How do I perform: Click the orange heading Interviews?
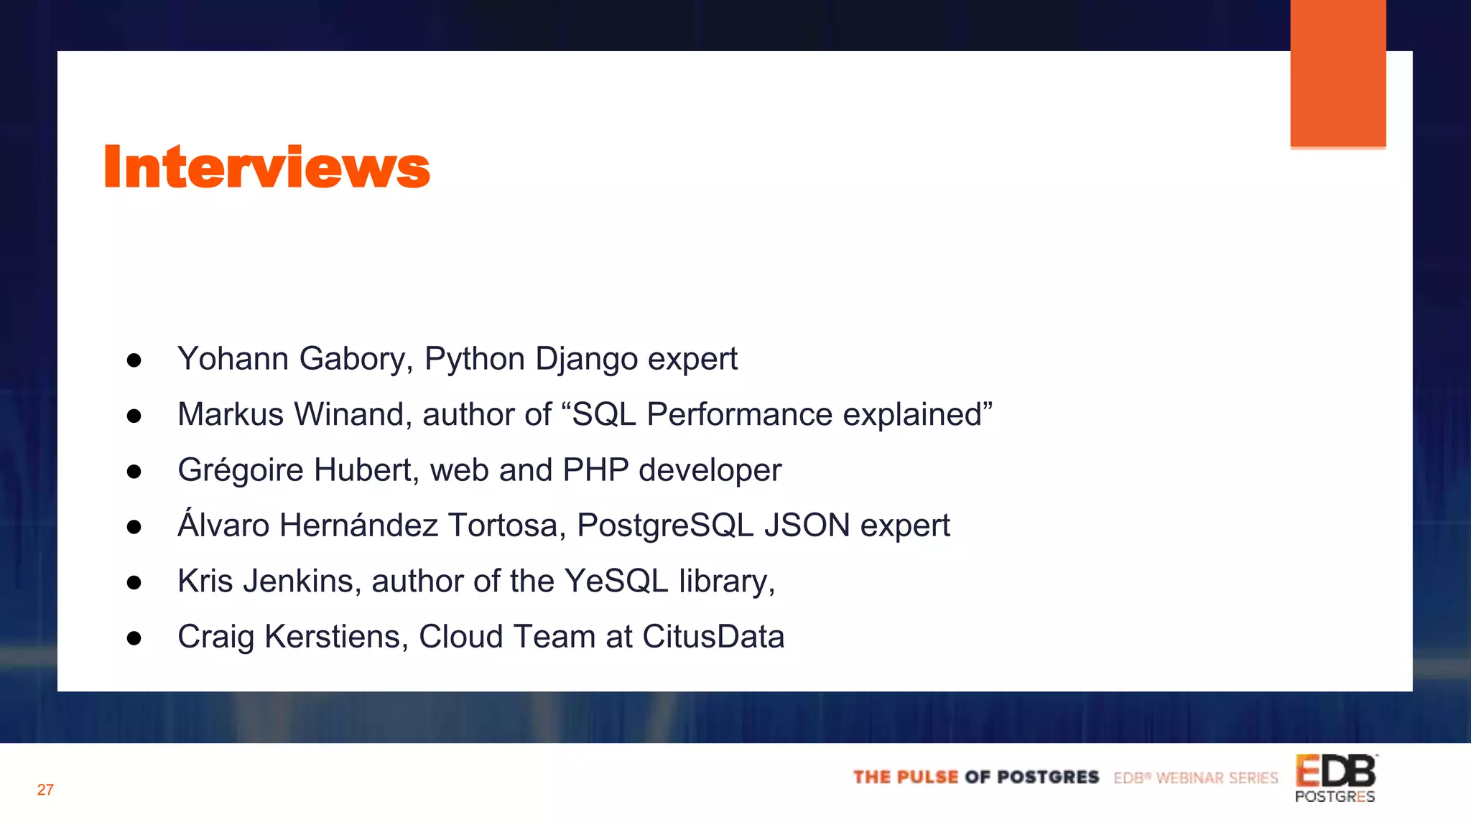pyautogui.click(x=266, y=167)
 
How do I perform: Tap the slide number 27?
pyautogui.click(x=45, y=790)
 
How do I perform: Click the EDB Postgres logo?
pyautogui.click(x=1335, y=777)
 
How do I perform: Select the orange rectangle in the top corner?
pyautogui.click(x=1337, y=73)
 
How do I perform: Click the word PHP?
pyautogui.click(x=595, y=470)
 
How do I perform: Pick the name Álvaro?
pyautogui.click(x=223, y=525)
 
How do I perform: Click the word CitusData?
pyautogui.click(x=713, y=637)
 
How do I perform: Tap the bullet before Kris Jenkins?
pyautogui.click(x=134, y=582)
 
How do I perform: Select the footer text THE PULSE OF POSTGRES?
pyautogui.click(x=976, y=777)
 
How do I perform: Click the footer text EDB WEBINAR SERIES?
pyautogui.click(x=1196, y=778)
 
